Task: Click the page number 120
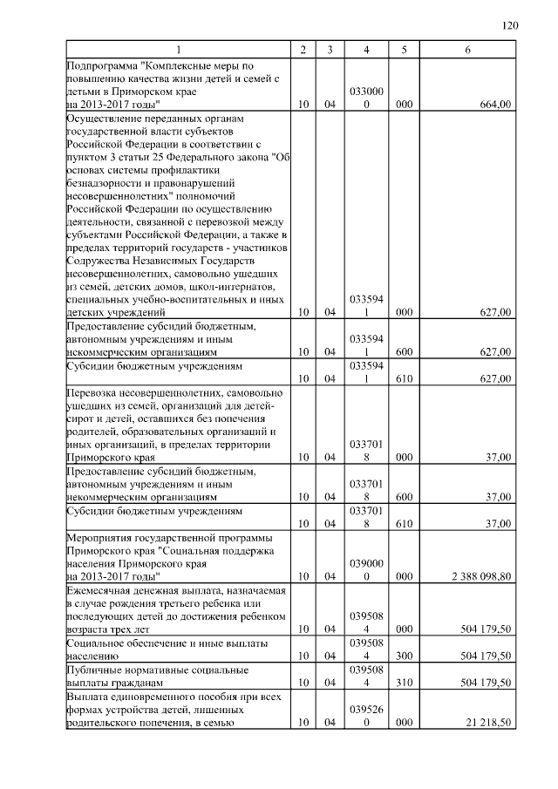[x=511, y=25]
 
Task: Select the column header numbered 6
[x=468, y=50]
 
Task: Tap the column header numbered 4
[x=366, y=50]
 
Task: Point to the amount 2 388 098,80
[x=480, y=576]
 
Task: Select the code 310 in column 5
[x=404, y=683]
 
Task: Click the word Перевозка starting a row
[x=91, y=393]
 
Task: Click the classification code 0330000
[x=366, y=97]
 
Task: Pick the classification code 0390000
[x=366, y=569]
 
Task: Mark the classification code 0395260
[x=366, y=716]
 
